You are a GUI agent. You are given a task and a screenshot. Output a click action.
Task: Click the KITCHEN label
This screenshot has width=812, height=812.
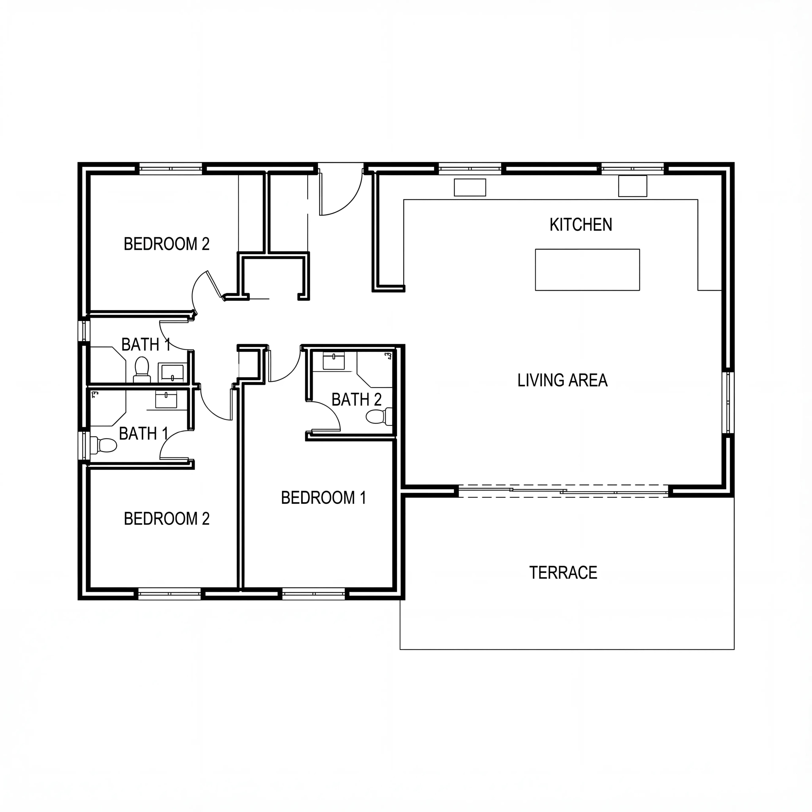581,225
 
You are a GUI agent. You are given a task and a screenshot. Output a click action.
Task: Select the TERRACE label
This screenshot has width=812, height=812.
563,572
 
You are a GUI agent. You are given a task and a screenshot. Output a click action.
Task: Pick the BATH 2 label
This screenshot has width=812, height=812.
356,399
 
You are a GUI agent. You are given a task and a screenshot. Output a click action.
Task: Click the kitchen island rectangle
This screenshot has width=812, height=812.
587,270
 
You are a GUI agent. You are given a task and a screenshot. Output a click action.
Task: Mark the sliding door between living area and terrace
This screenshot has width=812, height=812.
563,491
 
